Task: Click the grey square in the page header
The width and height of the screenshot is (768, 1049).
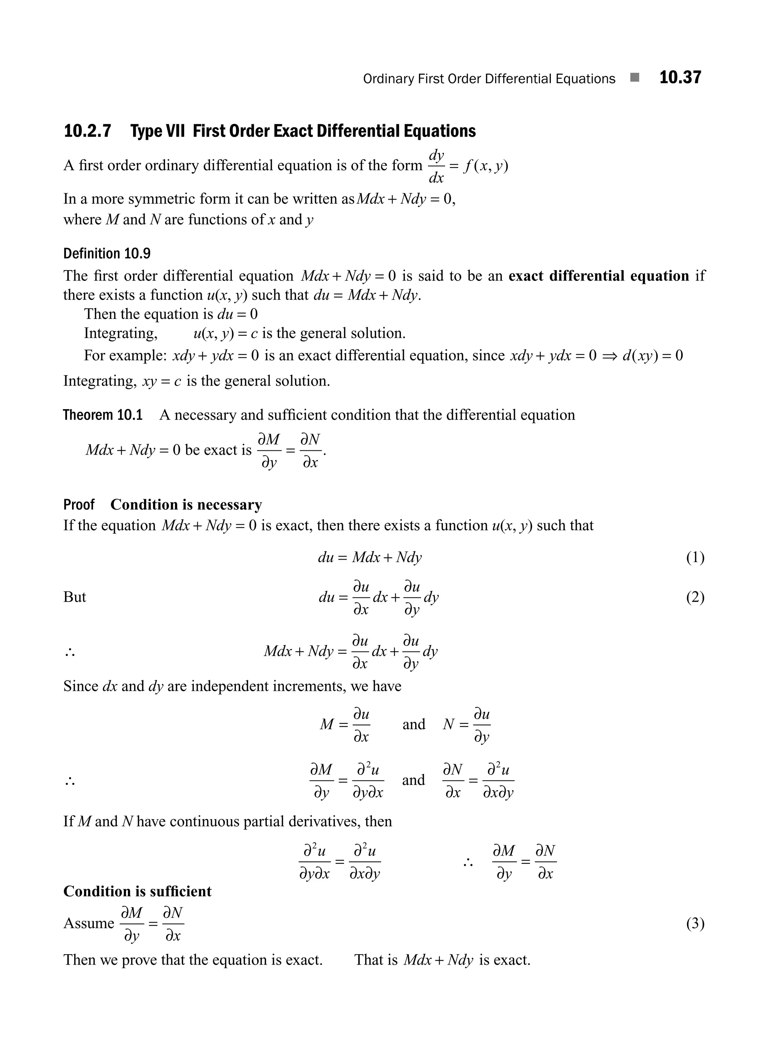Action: pos(634,78)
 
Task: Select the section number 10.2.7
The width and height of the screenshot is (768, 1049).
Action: pos(87,131)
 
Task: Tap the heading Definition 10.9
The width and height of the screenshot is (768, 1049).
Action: pos(107,254)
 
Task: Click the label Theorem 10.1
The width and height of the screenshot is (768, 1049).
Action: pos(103,415)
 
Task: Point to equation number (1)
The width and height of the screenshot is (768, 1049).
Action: pos(695,557)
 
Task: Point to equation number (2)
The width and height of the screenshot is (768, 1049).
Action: pos(695,597)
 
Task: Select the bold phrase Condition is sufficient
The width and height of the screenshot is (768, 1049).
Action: pos(137,891)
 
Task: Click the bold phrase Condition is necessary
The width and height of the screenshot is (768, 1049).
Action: pos(186,504)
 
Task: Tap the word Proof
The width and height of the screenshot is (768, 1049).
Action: pos(79,504)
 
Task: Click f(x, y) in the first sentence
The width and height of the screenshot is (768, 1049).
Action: pos(486,166)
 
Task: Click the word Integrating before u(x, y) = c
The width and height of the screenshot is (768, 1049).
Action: pos(120,333)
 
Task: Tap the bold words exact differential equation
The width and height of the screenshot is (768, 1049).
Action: pos(599,276)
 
